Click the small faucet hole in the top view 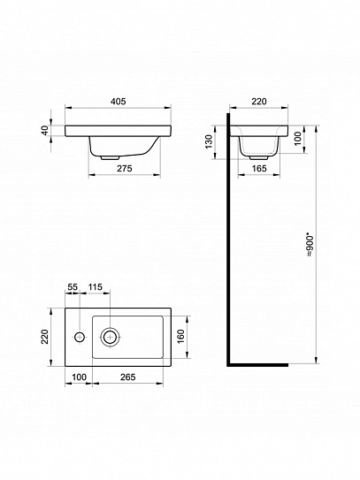tap(80, 336)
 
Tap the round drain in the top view tap(111, 336)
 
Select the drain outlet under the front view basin tap(109, 156)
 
